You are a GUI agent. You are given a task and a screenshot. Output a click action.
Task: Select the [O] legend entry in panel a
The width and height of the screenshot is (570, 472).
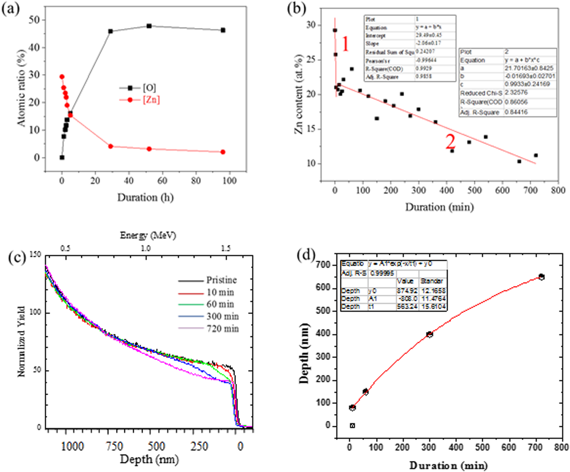pyautogui.click(x=149, y=88)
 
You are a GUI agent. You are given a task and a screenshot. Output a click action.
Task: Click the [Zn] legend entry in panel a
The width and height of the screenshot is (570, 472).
pyautogui.click(x=151, y=100)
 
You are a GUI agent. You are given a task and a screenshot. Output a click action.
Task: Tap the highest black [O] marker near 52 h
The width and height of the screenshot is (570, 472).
pyautogui.click(x=149, y=26)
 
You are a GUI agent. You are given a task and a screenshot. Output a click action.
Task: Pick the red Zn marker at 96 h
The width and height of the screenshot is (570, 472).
pyautogui.click(x=223, y=152)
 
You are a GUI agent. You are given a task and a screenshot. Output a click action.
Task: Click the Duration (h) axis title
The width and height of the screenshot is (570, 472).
pyautogui.click(x=145, y=198)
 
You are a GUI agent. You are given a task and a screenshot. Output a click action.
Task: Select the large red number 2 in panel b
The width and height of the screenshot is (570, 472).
pyautogui.click(x=450, y=142)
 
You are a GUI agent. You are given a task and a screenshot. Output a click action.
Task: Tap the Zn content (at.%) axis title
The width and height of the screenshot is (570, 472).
pyautogui.click(x=299, y=94)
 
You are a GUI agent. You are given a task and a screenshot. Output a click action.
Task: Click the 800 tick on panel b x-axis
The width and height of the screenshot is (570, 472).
pyautogui.click(x=558, y=190)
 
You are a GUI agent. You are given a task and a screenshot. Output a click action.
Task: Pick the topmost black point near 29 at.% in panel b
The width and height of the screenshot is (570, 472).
pyautogui.click(x=335, y=30)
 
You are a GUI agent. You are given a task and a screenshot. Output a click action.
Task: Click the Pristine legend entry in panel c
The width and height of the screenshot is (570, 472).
pyautogui.click(x=221, y=280)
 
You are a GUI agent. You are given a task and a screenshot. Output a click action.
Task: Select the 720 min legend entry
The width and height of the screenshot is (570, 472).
pyautogui.click(x=222, y=329)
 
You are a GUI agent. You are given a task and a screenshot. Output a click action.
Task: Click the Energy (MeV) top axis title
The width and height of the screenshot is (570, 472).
pyautogui.click(x=148, y=235)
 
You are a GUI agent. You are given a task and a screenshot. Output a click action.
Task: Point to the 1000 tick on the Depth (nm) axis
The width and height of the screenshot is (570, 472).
pyautogui.click(x=72, y=446)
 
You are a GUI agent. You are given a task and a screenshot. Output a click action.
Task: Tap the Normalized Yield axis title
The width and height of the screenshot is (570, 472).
pyautogui.click(x=21, y=341)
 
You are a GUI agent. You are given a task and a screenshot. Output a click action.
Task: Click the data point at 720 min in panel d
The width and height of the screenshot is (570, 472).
pyautogui.click(x=541, y=277)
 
